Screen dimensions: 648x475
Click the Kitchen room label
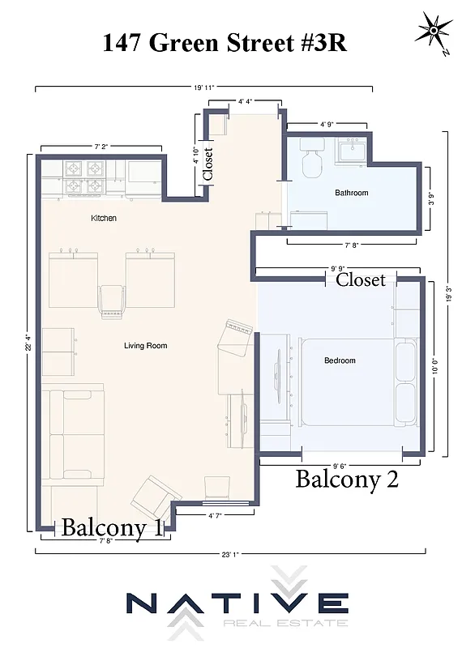point(103,218)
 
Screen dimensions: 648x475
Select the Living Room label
point(145,346)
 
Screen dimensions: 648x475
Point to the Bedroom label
point(340,360)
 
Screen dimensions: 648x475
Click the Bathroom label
point(352,193)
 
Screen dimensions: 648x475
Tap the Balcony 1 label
point(112,527)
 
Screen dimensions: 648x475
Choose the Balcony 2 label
point(347,479)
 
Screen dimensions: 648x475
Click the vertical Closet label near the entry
point(208,163)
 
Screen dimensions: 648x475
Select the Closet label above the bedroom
point(361,279)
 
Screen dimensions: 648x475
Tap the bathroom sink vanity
point(352,151)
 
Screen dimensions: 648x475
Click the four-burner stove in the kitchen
point(86,178)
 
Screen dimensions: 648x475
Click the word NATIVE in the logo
point(237,604)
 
